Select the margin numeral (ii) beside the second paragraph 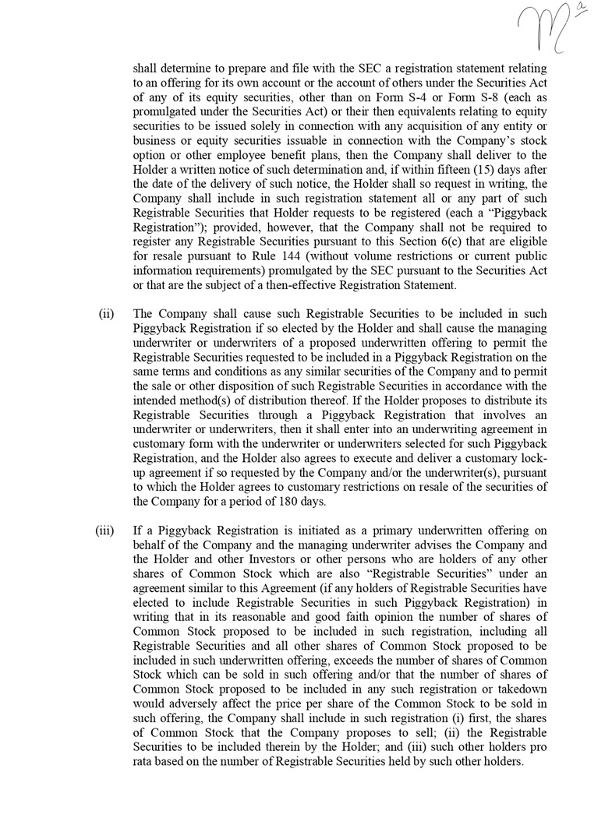[x=107, y=314]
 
